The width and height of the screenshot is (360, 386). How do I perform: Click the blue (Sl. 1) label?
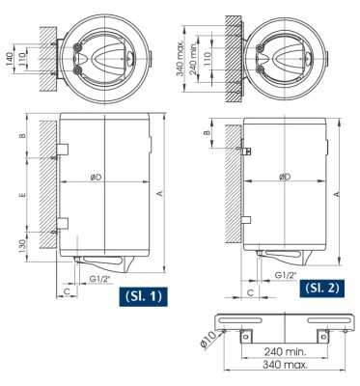click(x=143, y=296)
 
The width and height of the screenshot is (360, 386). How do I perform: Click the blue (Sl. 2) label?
click(x=321, y=288)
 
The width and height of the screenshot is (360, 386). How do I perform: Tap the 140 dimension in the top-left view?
click(x=10, y=60)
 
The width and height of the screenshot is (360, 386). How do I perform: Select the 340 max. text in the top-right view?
click(x=181, y=58)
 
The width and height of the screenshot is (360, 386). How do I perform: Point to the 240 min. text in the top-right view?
click(x=194, y=59)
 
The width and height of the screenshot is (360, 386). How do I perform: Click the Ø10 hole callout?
click(x=208, y=341)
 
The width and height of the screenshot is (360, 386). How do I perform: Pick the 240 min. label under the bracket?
click(x=286, y=351)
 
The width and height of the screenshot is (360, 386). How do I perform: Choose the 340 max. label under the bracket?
click(x=285, y=365)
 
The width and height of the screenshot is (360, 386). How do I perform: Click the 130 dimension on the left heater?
click(x=22, y=246)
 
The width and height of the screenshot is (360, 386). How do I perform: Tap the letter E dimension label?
click(x=22, y=195)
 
